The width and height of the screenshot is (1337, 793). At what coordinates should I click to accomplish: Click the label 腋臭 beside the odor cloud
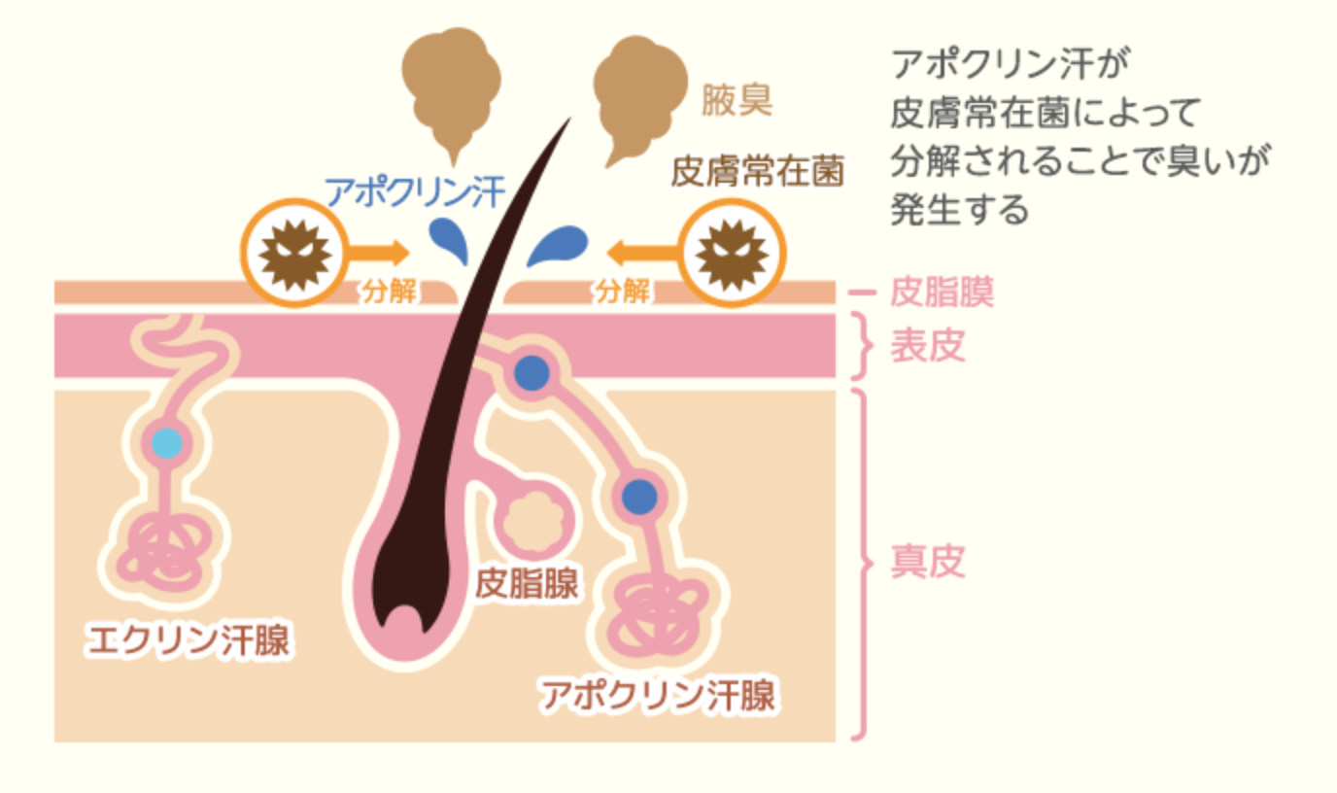coord(737,100)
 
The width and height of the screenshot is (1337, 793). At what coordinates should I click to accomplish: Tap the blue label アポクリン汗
coord(415,192)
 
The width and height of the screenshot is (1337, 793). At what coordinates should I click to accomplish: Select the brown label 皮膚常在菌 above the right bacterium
coord(758,171)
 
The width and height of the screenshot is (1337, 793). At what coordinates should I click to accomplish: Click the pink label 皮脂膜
coord(943,292)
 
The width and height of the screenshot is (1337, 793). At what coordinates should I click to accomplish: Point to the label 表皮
coord(928,346)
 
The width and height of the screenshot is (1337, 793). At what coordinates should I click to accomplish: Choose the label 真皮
coord(928,562)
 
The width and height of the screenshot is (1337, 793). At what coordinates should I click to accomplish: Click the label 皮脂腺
coord(527,583)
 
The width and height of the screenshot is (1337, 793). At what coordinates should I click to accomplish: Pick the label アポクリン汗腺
coord(659,695)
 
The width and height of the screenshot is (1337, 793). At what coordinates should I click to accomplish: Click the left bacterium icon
coord(294,253)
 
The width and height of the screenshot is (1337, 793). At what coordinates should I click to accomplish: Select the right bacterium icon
coord(732,253)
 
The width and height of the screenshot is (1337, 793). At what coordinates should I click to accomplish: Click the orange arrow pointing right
coord(379,253)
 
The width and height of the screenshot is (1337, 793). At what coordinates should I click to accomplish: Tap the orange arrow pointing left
coord(642,253)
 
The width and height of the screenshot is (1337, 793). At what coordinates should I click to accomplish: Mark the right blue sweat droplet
coord(558,245)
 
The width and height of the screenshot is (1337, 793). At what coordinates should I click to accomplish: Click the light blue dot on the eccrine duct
coord(166,443)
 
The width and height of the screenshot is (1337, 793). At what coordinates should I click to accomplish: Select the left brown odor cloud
coord(452,89)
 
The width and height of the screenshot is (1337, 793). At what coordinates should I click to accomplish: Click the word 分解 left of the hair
coord(389,292)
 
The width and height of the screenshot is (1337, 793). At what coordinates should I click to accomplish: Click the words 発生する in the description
coord(959,209)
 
